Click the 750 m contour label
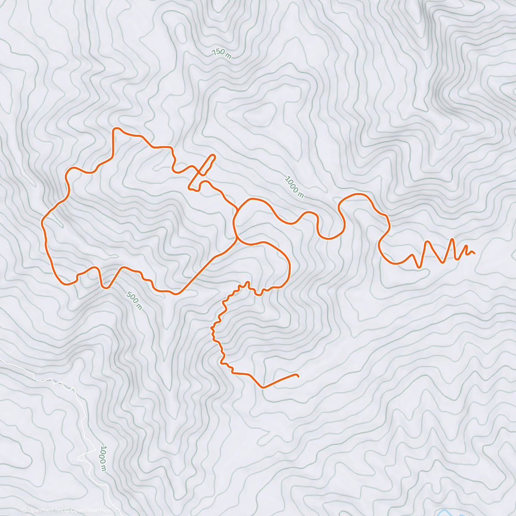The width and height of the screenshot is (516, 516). click(221, 53)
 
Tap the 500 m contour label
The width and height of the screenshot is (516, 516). click(134, 300)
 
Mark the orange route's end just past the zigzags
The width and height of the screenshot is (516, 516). click(474, 253)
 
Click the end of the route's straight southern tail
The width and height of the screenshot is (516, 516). click(298, 376)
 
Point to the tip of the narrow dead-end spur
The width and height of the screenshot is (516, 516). click(213, 156)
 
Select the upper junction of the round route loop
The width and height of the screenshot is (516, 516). click(238, 210)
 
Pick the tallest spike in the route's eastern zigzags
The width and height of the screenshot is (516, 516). click(452, 239)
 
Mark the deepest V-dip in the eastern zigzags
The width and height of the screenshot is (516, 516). click(419, 267)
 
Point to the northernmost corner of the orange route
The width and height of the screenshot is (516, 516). click(115, 129)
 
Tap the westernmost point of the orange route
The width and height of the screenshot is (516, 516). click(42, 222)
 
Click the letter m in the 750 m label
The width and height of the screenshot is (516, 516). click(228, 56)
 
